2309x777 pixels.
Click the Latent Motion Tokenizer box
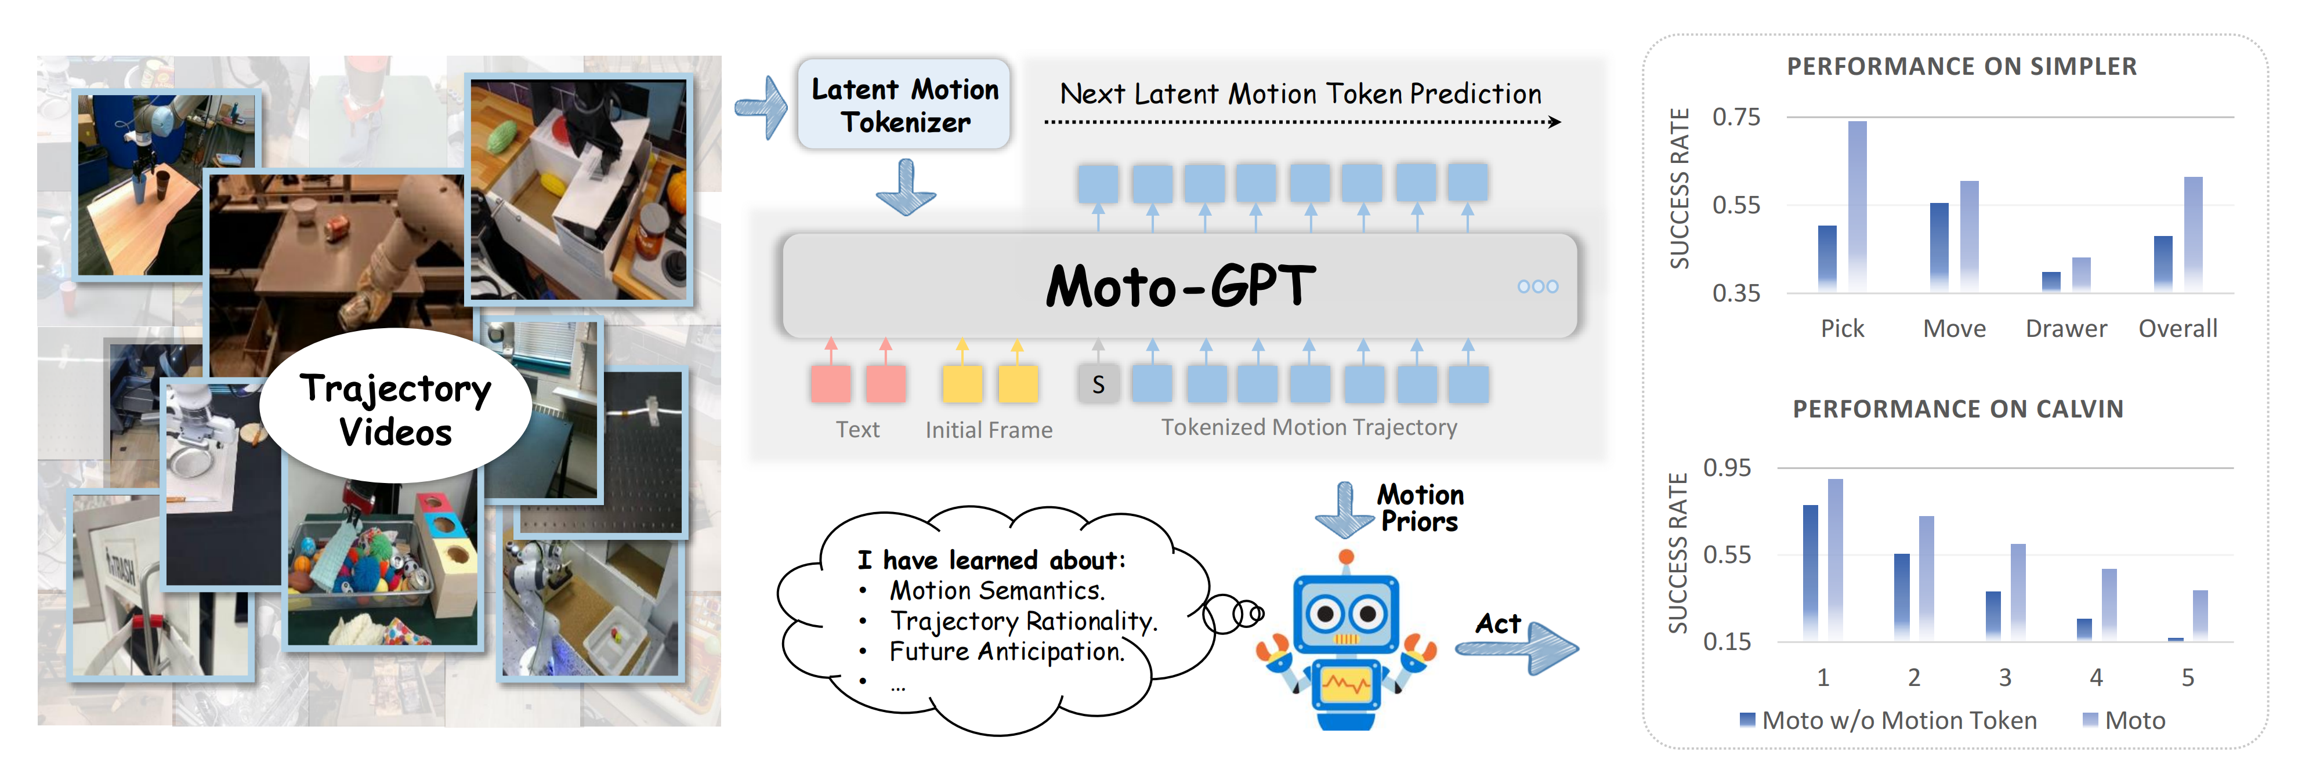903,105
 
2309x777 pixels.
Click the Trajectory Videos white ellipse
395,408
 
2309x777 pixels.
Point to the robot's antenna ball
1345,557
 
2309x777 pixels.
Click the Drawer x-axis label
2065,329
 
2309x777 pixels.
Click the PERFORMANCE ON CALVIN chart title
1957,409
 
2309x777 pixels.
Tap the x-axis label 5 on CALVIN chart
2187,677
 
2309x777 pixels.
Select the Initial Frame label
989,430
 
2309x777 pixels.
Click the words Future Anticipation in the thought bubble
1007,652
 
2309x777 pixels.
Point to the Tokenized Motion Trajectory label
1309,427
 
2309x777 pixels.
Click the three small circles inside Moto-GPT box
1537,287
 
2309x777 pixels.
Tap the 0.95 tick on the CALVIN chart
1727,468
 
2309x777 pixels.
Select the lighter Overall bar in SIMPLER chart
2192,233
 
